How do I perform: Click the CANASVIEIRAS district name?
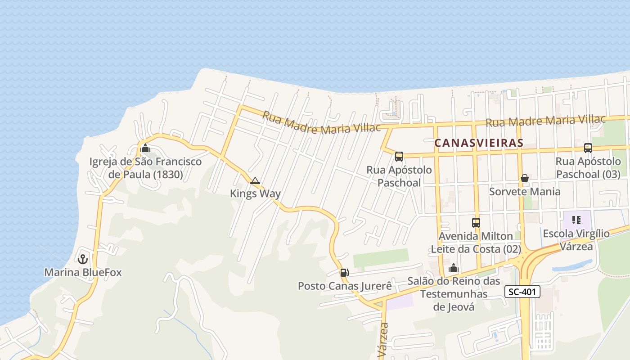point(479,143)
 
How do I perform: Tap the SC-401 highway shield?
point(522,292)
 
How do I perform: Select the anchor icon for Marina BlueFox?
point(82,259)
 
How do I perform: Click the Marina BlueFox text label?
point(83,272)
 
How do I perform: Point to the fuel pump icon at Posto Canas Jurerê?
point(344,272)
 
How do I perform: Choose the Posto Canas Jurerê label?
point(345,286)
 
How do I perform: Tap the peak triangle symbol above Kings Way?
point(255,181)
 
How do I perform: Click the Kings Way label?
point(255,193)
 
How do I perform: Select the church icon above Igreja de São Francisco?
point(145,148)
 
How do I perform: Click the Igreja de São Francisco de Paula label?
point(145,168)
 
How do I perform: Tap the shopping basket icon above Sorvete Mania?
point(524,178)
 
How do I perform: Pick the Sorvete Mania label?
point(525,192)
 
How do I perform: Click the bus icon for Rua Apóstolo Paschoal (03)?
point(588,148)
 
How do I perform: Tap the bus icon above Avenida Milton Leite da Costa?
point(476,222)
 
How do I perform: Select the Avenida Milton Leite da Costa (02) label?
point(476,243)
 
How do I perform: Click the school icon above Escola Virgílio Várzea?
point(576,220)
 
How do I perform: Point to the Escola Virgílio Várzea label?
point(576,240)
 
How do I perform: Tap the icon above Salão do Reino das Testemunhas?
point(453,268)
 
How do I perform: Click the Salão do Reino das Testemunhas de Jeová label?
point(454,294)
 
